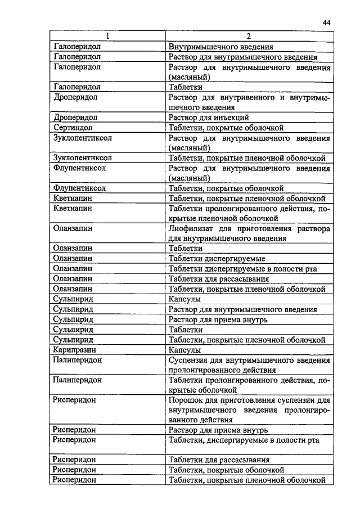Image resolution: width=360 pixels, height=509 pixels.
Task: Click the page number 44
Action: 327,22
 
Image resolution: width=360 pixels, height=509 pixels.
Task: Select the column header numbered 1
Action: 107,37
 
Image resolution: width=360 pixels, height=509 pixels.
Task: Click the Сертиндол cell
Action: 73,128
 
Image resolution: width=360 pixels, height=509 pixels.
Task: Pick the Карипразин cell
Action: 75,350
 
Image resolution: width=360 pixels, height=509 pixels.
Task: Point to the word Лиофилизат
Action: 190,229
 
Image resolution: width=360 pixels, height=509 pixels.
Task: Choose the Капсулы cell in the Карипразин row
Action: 185,350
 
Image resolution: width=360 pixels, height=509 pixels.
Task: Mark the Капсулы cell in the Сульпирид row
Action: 185,299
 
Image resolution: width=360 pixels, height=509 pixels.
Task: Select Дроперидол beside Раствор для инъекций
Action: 75,118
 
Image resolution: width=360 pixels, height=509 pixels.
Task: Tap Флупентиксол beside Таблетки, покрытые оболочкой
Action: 79,188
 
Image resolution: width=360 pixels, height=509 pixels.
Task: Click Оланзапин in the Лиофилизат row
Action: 73,229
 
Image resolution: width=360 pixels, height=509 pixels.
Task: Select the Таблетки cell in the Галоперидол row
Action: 185,87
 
